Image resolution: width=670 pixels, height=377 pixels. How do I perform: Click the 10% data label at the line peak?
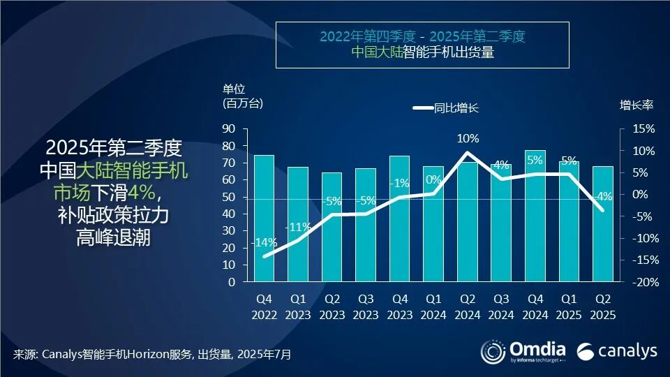point(468,139)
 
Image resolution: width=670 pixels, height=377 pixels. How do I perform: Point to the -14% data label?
point(265,243)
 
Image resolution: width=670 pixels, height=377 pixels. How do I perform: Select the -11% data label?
point(298,227)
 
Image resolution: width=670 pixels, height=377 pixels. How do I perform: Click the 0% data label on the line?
point(433,179)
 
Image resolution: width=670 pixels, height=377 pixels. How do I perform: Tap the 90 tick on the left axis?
point(228,129)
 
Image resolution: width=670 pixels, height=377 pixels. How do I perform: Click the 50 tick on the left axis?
point(228,197)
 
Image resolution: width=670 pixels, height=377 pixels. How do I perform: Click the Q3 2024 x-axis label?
point(501,305)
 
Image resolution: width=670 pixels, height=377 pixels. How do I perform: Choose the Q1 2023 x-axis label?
point(298,305)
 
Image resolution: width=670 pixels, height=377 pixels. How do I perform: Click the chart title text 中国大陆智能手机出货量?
point(423,52)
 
